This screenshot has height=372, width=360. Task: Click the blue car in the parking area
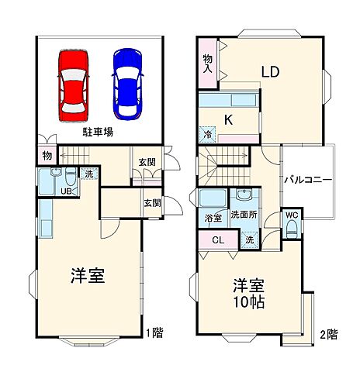128,83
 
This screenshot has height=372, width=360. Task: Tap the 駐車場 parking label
99,133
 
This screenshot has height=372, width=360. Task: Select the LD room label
270,74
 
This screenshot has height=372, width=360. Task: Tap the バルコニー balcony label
307,179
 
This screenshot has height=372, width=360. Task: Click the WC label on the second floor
292,214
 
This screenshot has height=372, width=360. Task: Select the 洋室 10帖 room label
246,291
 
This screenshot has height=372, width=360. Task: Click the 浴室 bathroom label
212,219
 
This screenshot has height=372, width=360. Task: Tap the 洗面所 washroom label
242,214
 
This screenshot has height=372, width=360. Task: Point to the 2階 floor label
328,335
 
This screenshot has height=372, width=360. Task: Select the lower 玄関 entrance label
152,203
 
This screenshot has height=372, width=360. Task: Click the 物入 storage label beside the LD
208,63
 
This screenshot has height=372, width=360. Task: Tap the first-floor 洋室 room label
88,276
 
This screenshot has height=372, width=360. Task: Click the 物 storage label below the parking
47,155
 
